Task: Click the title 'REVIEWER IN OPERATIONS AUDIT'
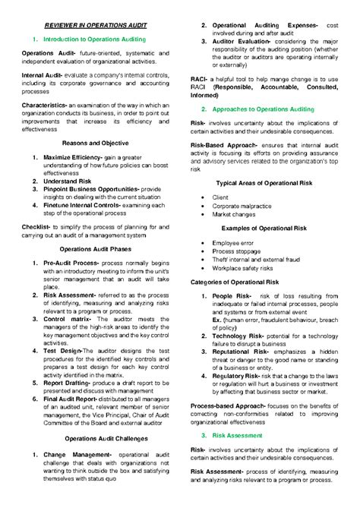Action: [96, 25]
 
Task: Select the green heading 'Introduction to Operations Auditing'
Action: [99, 39]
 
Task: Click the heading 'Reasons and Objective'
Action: [95, 143]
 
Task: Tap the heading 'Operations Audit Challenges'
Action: [96, 439]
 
